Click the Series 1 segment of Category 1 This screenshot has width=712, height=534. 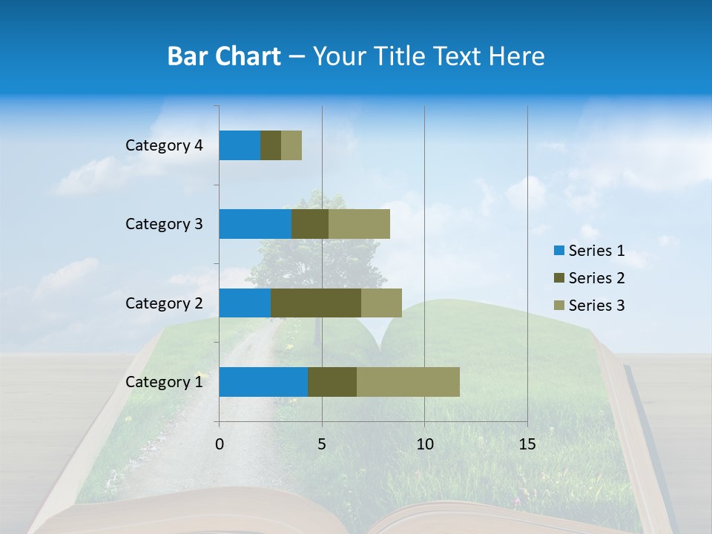click(263, 382)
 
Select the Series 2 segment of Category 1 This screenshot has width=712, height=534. click(332, 382)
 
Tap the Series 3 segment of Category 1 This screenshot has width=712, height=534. click(408, 382)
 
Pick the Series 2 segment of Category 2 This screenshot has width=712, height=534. click(316, 303)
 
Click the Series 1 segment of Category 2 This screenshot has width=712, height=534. click(245, 303)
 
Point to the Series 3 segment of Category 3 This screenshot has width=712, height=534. click(359, 224)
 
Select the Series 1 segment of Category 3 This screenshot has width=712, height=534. click(255, 224)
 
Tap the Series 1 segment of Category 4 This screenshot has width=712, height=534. click(240, 145)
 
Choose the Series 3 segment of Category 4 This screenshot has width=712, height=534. click(291, 145)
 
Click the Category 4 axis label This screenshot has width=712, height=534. click(164, 145)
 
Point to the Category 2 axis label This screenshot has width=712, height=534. click(164, 303)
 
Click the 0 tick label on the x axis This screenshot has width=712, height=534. click(220, 444)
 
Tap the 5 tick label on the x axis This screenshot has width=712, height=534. click(322, 444)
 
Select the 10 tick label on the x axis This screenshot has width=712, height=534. click(424, 444)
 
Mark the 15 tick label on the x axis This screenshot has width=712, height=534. click(527, 444)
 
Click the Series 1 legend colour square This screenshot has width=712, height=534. click(558, 251)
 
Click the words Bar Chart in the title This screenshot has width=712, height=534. click(224, 56)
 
